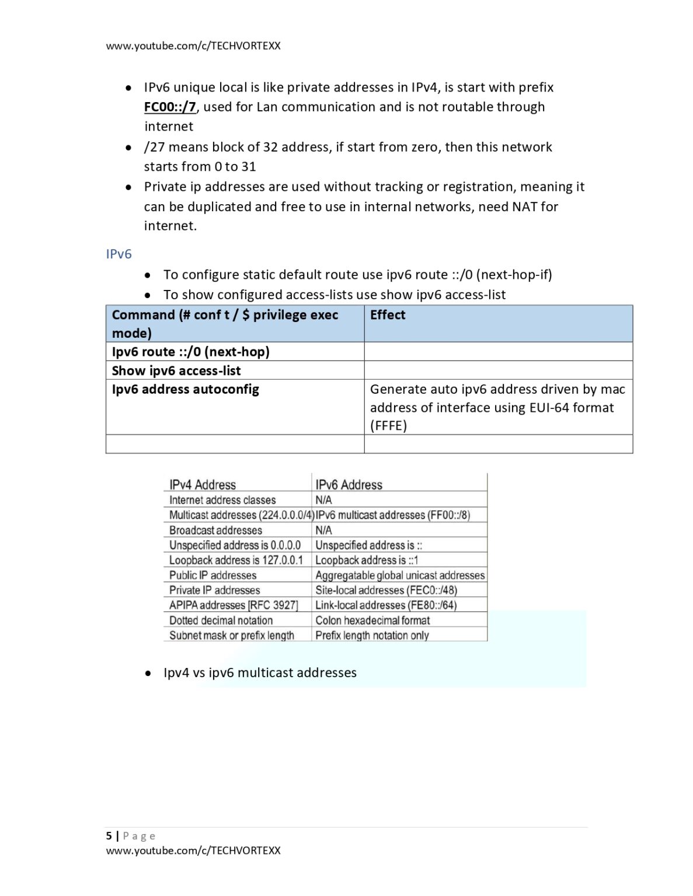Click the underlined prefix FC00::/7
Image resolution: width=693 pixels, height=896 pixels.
[170, 107]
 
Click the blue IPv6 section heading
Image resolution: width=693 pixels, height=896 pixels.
[119, 254]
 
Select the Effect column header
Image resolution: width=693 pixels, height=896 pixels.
[388, 315]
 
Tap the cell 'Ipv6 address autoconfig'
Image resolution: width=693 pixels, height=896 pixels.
[185, 389]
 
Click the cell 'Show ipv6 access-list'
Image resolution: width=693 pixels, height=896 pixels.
[176, 370]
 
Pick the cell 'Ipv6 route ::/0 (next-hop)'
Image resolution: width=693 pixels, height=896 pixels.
[190, 352]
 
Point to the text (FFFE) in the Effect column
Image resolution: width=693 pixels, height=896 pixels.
[388, 425]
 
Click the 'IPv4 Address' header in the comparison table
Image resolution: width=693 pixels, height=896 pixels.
[203, 485]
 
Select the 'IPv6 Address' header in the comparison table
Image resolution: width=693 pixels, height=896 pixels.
[349, 485]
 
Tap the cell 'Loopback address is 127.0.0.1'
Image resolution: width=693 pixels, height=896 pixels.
[236, 560]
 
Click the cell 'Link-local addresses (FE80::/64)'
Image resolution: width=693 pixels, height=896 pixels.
[386, 605]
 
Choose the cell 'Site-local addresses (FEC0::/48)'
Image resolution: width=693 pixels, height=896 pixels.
[386, 590]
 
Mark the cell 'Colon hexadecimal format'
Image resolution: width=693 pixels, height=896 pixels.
[372, 620]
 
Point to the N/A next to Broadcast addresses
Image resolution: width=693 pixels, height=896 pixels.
[323, 530]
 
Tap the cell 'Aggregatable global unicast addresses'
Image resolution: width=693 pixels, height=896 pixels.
[400, 575]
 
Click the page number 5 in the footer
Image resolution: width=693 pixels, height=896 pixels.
[109, 835]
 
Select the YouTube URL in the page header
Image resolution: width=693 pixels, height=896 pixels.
[193, 45]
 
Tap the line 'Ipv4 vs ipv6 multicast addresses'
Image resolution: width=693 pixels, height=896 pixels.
[260, 673]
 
